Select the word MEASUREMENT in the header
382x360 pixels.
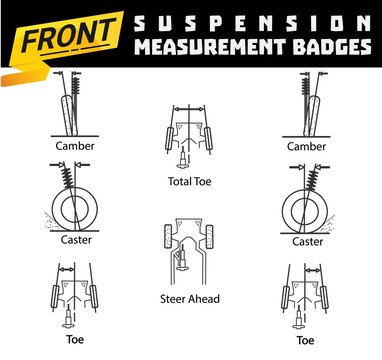click(213, 48)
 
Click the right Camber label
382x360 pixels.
click(307, 146)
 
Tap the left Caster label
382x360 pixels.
click(69, 242)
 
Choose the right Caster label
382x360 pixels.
click(307, 242)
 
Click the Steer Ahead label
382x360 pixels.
click(189, 299)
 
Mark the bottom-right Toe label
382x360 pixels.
click(307, 339)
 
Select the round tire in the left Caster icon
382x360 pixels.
click(68, 208)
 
